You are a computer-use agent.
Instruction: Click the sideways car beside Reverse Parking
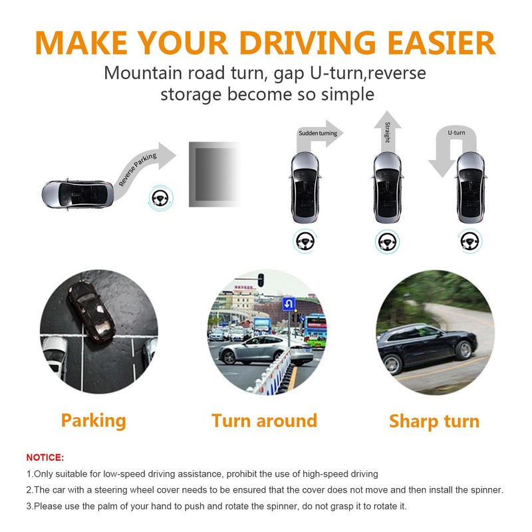(x=76, y=194)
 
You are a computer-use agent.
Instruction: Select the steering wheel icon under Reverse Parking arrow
(x=160, y=198)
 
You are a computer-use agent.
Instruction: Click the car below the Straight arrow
(x=387, y=188)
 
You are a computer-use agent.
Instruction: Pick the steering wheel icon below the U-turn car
(x=469, y=240)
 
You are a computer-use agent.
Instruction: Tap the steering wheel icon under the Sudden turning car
(x=305, y=240)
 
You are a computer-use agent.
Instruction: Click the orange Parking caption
(x=93, y=420)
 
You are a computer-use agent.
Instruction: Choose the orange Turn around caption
(x=264, y=420)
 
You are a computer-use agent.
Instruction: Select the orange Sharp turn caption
(x=434, y=421)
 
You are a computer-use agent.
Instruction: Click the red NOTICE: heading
(x=45, y=458)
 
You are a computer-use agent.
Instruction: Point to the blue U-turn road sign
(x=289, y=305)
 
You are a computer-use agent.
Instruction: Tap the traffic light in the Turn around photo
(x=261, y=280)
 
